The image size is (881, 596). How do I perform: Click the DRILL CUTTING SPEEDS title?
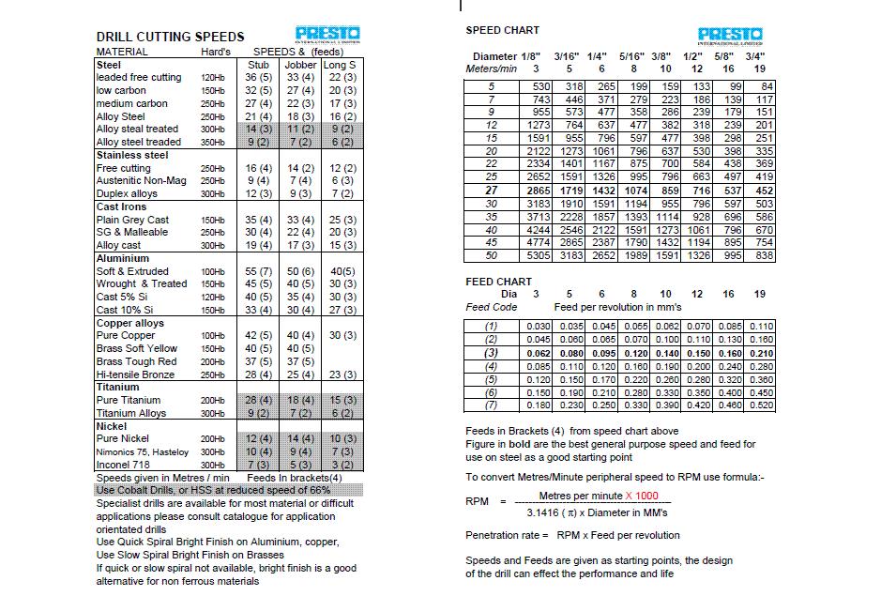170,37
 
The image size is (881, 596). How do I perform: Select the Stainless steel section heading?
132,155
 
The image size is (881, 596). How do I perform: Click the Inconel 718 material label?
123,465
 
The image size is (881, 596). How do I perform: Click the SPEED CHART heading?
502,31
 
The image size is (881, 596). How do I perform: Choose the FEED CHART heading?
498,282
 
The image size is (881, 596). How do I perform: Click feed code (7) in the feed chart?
491,405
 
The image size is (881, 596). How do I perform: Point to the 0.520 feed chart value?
762,405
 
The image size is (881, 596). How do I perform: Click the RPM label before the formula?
477,501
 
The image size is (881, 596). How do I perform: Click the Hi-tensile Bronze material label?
135,374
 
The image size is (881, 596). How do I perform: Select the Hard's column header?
216,52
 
